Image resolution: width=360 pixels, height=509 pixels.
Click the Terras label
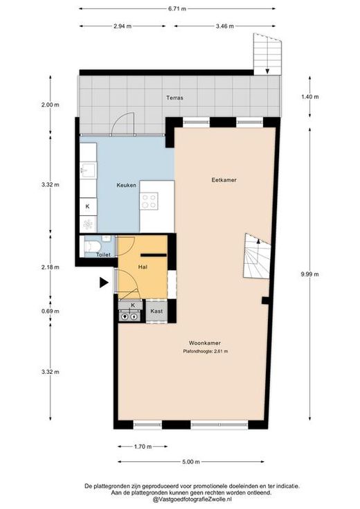[x=174, y=98]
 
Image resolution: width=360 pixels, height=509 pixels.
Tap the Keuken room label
[x=126, y=186]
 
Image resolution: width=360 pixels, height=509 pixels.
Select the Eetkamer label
[x=224, y=180]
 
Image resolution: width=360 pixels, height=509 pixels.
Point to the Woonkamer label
[x=205, y=343]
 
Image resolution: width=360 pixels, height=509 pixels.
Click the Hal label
[x=143, y=267]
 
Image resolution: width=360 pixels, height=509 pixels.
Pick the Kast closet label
[x=156, y=311]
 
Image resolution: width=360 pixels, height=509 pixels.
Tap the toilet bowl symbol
[x=91, y=247]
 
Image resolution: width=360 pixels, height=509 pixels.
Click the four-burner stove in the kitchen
[x=150, y=202]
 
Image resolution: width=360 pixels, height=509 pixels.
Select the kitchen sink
[x=89, y=170]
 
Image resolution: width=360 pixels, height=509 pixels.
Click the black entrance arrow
[x=104, y=283]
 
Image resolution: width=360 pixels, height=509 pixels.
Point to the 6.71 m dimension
[x=177, y=9]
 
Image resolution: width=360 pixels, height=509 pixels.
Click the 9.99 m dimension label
[x=310, y=274]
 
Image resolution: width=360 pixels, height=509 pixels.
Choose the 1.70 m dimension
[x=143, y=447]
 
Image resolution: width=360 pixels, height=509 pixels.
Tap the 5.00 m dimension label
[x=191, y=462]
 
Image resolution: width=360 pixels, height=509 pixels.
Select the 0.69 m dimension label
[x=51, y=312]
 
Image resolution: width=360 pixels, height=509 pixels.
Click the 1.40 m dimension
[x=310, y=97]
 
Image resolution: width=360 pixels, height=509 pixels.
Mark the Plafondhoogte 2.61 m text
[x=206, y=351]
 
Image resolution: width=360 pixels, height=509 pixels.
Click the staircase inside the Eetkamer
[x=257, y=256]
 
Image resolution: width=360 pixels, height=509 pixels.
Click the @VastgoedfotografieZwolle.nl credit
[x=192, y=499]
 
